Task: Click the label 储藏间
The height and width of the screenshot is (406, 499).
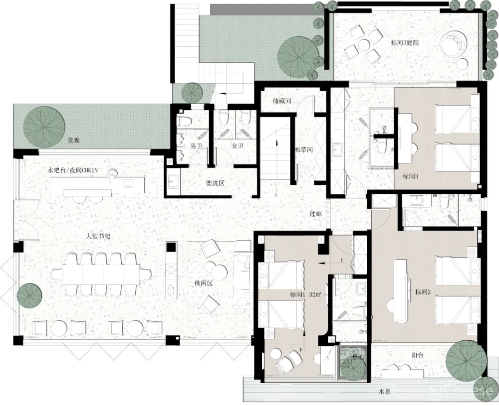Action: (282, 101)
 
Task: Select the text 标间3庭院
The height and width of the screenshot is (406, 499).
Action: (404, 43)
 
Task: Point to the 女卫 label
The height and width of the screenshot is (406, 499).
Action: (237, 146)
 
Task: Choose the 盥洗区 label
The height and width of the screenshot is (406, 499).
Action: (215, 183)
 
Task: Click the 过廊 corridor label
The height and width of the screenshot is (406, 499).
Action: (315, 214)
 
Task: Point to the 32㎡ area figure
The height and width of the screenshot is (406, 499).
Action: (315, 294)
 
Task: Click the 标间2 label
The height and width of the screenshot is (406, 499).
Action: (422, 292)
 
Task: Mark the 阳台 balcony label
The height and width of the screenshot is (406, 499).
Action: (418, 355)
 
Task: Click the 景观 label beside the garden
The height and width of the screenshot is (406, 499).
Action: (74, 140)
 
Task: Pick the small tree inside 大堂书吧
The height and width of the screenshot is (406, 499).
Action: (29, 295)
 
